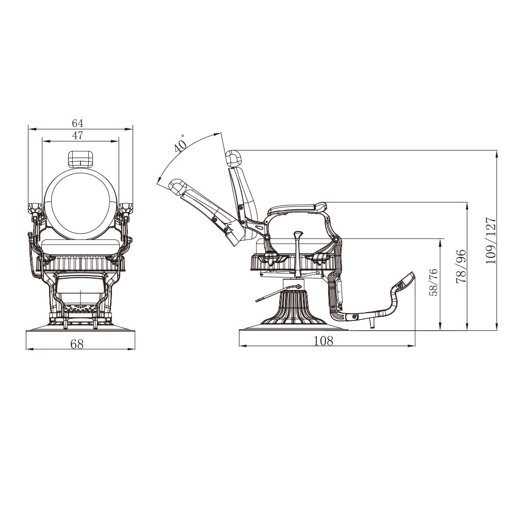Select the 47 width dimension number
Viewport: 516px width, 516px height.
click(78, 135)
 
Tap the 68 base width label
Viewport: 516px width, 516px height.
click(77, 344)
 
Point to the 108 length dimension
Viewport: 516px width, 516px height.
click(324, 341)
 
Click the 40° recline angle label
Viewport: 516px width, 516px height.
click(180, 144)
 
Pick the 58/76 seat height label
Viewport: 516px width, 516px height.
click(432, 282)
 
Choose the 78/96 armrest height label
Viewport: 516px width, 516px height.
click(461, 265)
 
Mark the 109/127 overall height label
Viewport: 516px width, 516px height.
click(490, 240)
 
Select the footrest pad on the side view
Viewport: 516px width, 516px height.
click(406, 282)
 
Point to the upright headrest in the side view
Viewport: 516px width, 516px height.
click(234, 158)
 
